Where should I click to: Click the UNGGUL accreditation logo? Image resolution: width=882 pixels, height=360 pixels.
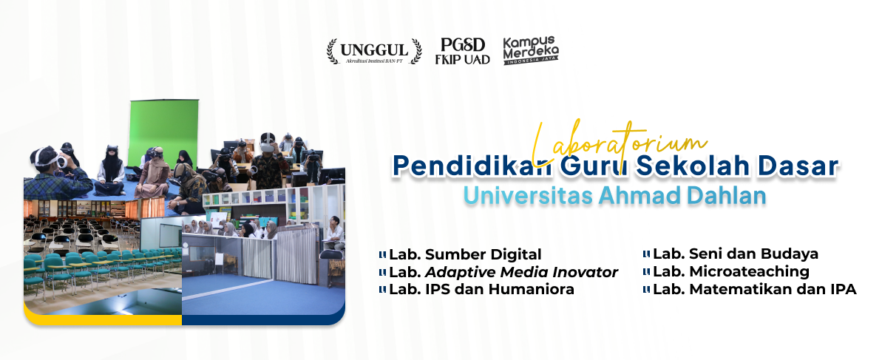pyautogui.click(x=374, y=51)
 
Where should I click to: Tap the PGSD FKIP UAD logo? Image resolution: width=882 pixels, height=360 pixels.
pyautogui.click(x=462, y=51)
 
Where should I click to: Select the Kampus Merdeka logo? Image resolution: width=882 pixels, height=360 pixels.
pyautogui.click(x=531, y=50)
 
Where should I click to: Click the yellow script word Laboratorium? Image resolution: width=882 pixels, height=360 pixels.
pyautogui.click(x=619, y=143)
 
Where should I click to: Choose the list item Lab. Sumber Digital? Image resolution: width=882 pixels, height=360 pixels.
pyautogui.click(x=465, y=254)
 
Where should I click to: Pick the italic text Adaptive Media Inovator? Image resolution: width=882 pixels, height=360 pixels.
pyautogui.click(x=521, y=272)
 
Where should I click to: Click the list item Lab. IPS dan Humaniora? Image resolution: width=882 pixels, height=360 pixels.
pyautogui.click(x=481, y=290)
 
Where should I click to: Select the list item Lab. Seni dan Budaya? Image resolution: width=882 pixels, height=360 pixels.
pyautogui.click(x=735, y=254)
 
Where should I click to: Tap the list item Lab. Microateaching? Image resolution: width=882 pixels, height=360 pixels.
pyautogui.click(x=730, y=272)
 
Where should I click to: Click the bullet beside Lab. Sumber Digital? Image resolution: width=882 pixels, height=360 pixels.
pyautogui.click(x=382, y=254)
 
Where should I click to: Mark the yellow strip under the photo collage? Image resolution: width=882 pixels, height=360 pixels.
pyautogui.click(x=102, y=319)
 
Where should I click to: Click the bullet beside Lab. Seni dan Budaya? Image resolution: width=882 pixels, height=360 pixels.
pyautogui.click(x=646, y=254)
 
